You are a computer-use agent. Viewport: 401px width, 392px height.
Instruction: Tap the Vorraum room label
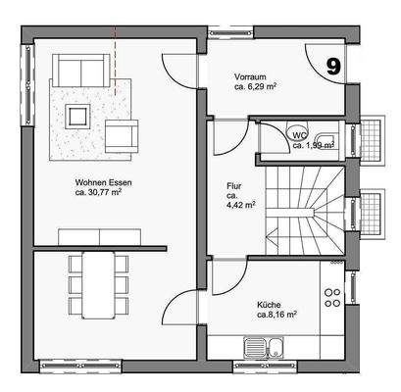point(251,75)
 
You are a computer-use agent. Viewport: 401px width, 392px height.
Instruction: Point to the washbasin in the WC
point(329,137)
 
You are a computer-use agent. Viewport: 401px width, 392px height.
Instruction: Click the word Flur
point(234,185)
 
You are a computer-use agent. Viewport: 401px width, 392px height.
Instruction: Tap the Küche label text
point(271,305)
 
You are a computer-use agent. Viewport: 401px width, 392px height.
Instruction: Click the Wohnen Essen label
point(103,182)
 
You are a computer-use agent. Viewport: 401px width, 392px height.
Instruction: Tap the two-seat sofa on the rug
point(79,71)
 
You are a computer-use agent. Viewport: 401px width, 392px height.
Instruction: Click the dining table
point(98,283)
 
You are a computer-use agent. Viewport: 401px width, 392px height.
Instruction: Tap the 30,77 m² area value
point(102,193)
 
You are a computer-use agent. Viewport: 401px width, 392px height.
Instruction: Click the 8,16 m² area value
point(278,316)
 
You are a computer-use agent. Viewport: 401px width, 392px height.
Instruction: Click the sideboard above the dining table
point(98,236)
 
